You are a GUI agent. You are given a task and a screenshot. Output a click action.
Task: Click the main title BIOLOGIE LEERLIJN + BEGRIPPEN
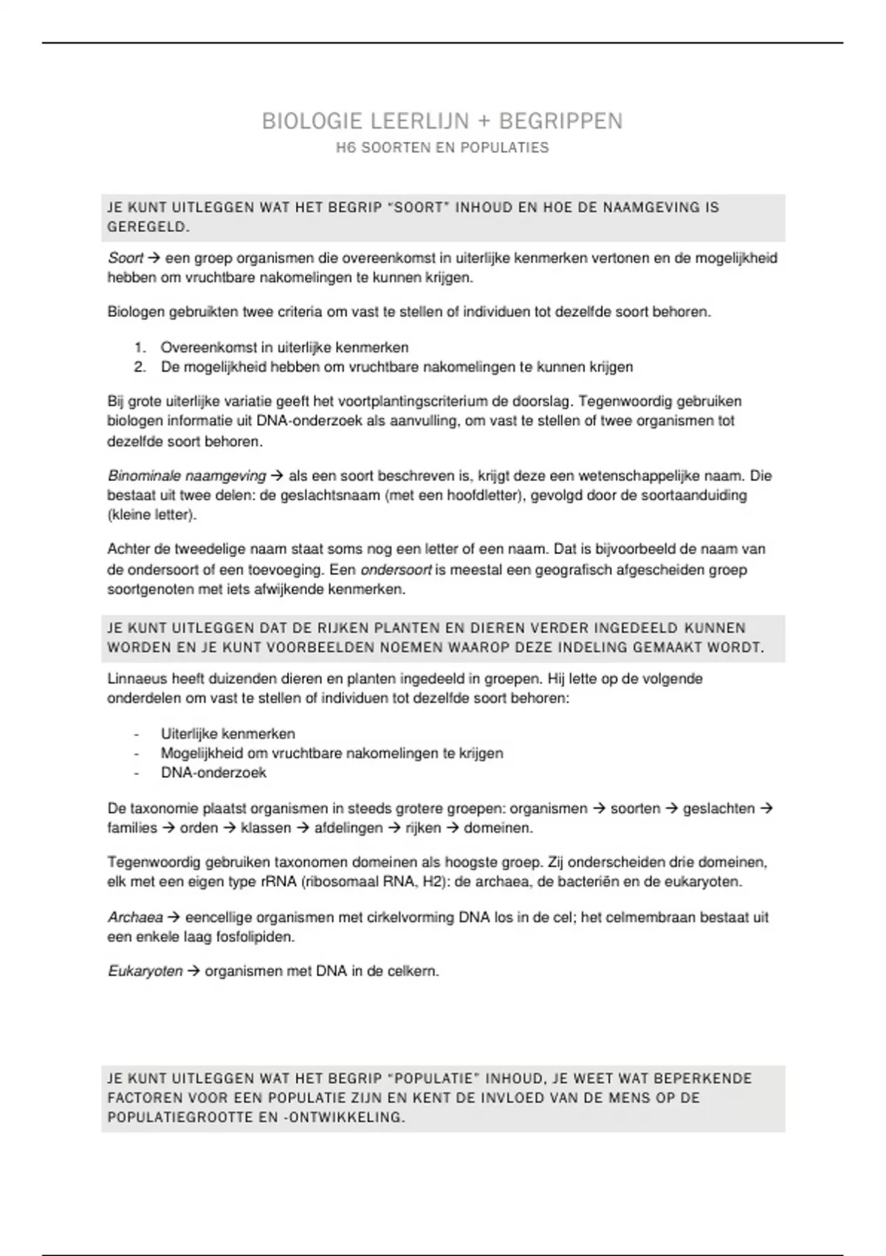pos(442,121)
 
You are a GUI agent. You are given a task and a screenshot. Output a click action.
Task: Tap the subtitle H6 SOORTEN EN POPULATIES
pos(442,148)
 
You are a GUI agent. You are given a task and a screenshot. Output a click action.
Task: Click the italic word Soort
pos(126,259)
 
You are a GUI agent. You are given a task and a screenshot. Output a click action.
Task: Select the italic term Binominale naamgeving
pos(187,476)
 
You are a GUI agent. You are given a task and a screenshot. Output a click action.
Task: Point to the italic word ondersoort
pos(396,570)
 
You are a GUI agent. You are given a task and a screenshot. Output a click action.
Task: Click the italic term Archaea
pos(135,918)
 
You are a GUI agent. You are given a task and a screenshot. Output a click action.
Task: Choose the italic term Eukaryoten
pos(145,972)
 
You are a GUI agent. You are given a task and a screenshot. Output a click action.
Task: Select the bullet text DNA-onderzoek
pos(213,773)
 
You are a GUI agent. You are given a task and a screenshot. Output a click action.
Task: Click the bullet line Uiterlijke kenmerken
pos(227,734)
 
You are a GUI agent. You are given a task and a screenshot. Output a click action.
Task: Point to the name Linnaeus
pos(138,679)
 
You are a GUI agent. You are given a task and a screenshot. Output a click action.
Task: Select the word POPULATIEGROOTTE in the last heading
pos(178,1117)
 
